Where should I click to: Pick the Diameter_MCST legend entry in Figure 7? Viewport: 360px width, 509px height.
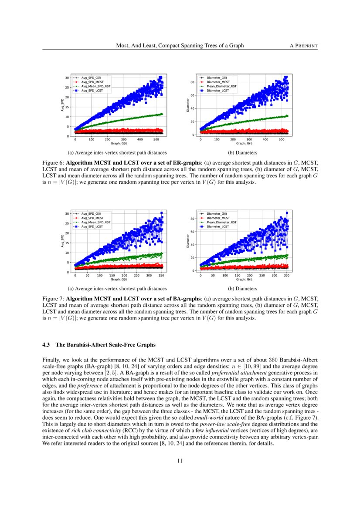[218, 217]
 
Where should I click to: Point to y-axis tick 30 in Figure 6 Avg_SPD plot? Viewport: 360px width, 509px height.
[67, 78]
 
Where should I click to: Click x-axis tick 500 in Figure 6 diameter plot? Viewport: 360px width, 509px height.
[281, 140]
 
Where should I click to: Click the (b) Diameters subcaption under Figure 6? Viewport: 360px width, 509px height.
[243, 153]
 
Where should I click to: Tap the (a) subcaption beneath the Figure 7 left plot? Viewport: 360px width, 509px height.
[117, 288]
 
